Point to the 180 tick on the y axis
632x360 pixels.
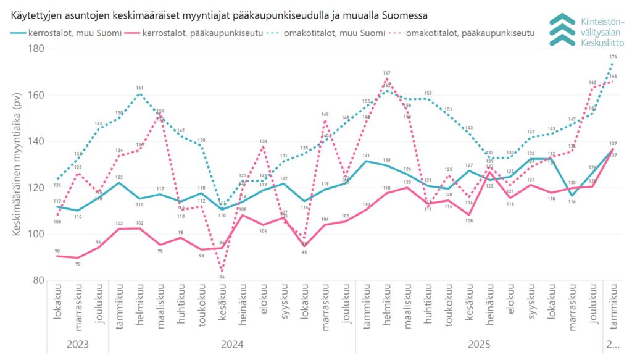(38, 49)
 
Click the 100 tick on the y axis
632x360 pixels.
(38, 234)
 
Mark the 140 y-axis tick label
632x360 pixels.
(38, 141)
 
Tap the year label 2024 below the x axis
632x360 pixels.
(232, 345)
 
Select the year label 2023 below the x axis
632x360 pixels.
(78, 345)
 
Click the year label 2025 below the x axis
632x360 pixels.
(479, 345)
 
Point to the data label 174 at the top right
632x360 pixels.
(613, 57)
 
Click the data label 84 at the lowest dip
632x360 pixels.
(222, 277)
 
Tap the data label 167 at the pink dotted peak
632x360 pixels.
(387, 73)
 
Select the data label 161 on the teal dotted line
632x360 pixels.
(139, 88)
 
